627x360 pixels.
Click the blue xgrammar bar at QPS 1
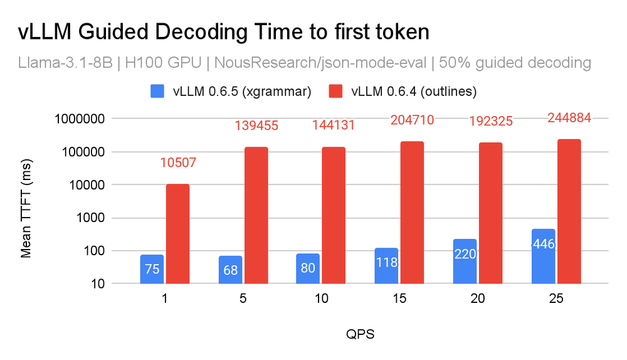click(152, 270)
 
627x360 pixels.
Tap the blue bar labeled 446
click(543, 257)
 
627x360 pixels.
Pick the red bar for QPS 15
click(413, 213)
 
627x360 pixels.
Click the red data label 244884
click(569, 117)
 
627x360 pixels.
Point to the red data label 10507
click(177, 163)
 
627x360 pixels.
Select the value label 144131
click(334, 125)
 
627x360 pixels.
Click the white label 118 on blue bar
click(386, 262)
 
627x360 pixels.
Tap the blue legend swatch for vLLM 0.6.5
click(158, 92)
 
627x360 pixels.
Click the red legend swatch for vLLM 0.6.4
click(337, 92)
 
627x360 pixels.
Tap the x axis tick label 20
click(478, 300)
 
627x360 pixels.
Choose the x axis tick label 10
click(321, 300)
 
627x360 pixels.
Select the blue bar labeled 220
click(465, 262)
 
